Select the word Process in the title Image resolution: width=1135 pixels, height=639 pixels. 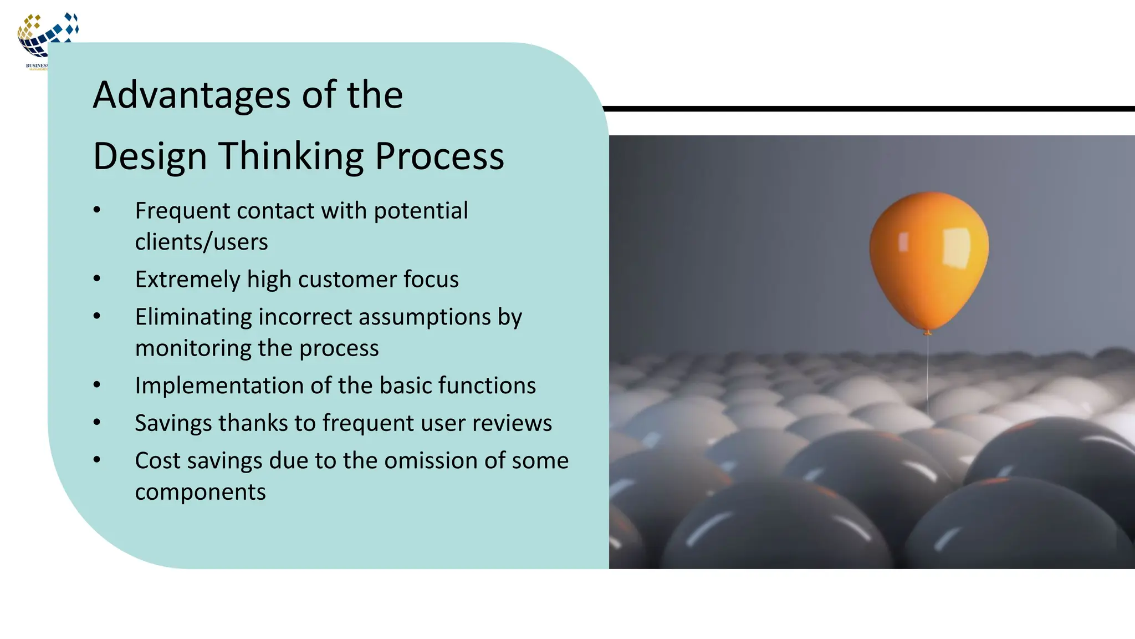click(x=439, y=156)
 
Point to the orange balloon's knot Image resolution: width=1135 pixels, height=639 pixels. click(x=927, y=332)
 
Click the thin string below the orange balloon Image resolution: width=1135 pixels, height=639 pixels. click(x=928, y=377)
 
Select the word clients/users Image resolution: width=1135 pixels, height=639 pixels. click(x=201, y=242)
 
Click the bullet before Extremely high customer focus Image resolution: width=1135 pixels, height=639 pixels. click(x=97, y=279)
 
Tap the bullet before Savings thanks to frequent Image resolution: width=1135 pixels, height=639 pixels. click(x=97, y=423)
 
